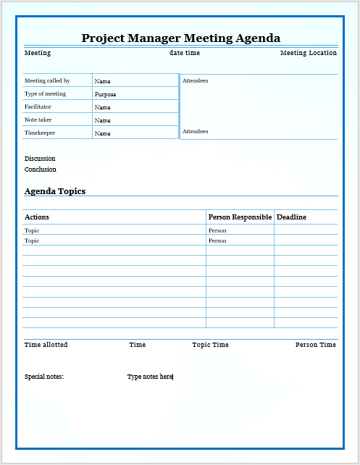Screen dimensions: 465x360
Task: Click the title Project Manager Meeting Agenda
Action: pos(180,38)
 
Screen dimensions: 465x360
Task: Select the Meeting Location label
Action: pos(308,53)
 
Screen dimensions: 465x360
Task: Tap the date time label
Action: pos(185,53)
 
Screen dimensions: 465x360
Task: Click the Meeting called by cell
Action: pos(47,81)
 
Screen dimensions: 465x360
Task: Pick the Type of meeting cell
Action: pos(45,94)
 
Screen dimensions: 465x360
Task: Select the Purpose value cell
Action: pos(105,94)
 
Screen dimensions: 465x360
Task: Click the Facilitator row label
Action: pos(38,107)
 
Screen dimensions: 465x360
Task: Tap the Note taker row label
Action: pos(38,120)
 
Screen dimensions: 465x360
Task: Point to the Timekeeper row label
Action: pos(40,133)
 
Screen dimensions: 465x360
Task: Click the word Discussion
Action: pos(40,159)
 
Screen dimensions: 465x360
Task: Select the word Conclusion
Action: pos(40,169)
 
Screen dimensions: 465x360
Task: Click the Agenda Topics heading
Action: pos(55,191)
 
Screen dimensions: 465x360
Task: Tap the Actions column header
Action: pos(37,217)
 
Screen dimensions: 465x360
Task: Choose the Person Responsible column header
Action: pos(240,217)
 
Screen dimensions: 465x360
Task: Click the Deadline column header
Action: pos(291,217)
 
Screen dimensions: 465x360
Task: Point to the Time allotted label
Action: pos(46,345)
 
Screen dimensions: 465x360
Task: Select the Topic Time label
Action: pos(210,345)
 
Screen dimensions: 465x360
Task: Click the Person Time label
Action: pos(315,345)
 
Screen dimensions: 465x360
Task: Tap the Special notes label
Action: pos(44,377)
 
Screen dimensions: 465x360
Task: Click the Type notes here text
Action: pos(150,377)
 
